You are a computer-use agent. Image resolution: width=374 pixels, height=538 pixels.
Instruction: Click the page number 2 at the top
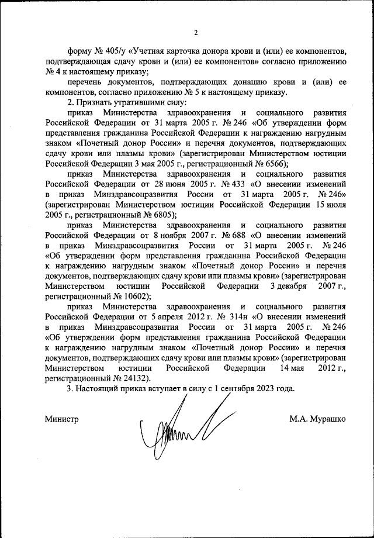pos(196,32)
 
